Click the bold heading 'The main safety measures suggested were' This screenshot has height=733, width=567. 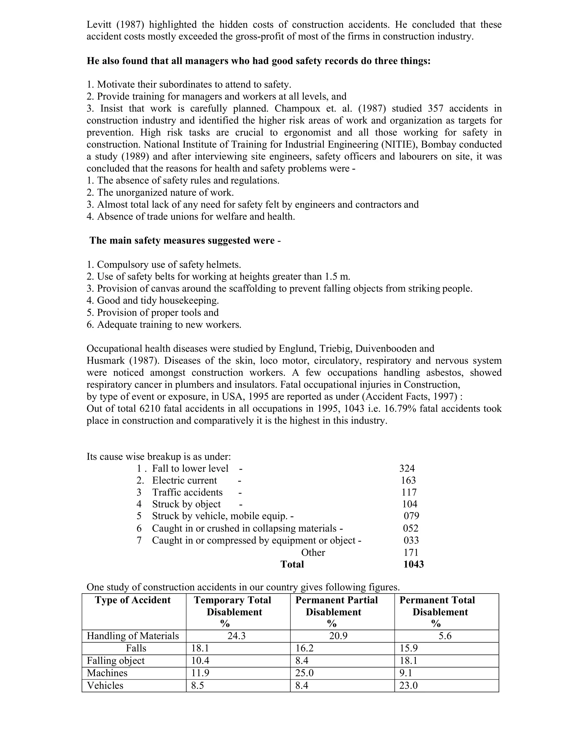(185, 240)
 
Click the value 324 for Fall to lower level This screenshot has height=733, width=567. (407, 468)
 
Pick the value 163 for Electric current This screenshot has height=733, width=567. (408, 480)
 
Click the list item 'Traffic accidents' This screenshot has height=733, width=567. (187, 492)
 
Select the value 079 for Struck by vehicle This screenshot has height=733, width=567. (411, 516)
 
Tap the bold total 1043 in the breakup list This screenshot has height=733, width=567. (414, 564)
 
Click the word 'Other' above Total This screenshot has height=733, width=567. (313, 552)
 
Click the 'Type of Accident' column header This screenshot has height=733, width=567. (133, 600)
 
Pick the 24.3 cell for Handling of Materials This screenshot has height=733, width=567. (237, 636)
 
